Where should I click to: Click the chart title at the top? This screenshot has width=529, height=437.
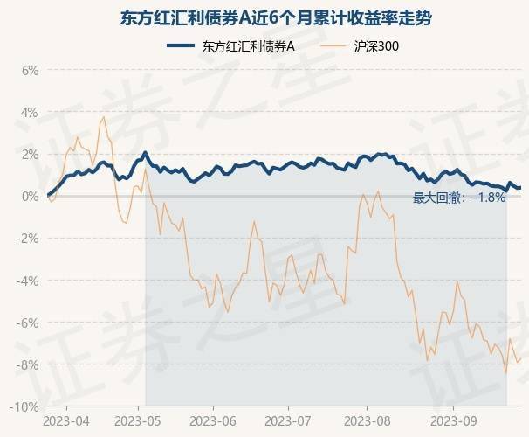click(x=264, y=18)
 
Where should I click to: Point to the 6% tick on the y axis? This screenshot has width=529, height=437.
click(x=30, y=71)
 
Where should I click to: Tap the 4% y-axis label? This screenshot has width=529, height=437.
click(x=30, y=113)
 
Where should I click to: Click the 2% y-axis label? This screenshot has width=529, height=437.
click(x=30, y=155)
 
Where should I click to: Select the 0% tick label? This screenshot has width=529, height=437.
click(x=30, y=197)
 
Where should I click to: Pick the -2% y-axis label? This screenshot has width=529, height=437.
click(x=28, y=239)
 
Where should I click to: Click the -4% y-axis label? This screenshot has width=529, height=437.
click(x=28, y=281)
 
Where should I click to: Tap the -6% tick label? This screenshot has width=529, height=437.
click(x=28, y=323)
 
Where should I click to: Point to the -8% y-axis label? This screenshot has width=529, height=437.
click(x=28, y=364)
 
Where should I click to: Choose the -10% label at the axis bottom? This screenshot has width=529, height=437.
click(x=24, y=406)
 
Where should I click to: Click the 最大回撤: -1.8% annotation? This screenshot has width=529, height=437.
click(x=459, y=198)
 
